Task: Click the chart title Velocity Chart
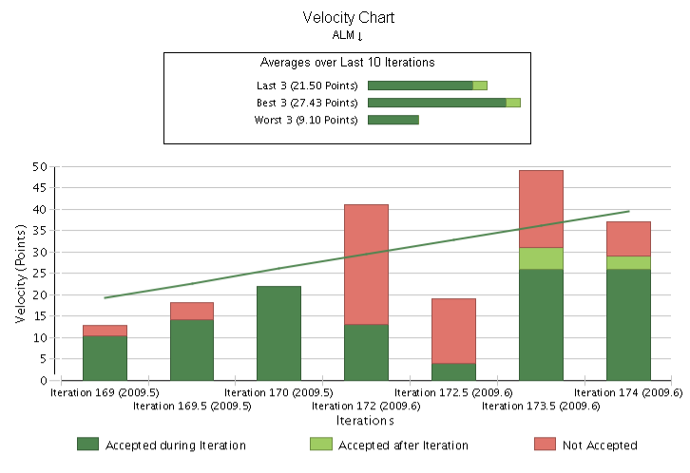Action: pos(348,17)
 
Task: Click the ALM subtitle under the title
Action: pos(348,35)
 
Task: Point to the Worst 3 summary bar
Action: pos(393,120)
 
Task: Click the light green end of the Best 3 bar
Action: pos(512,103)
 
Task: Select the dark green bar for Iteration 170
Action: pos(278,332)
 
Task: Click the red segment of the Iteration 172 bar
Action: pos(366,264)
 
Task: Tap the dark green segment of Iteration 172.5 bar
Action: pos(453,371)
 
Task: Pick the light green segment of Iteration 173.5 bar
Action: pos(541,258)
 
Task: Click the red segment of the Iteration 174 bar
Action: pos(627,238)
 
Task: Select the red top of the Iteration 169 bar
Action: pos(105,331)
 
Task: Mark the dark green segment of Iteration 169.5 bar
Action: pos(192,350)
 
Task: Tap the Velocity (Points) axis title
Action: pos(20,274)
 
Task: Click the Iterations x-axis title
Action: pos(365,420)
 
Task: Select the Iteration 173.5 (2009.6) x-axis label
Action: pos(541,406)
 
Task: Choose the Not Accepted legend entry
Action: pos(585,445)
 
